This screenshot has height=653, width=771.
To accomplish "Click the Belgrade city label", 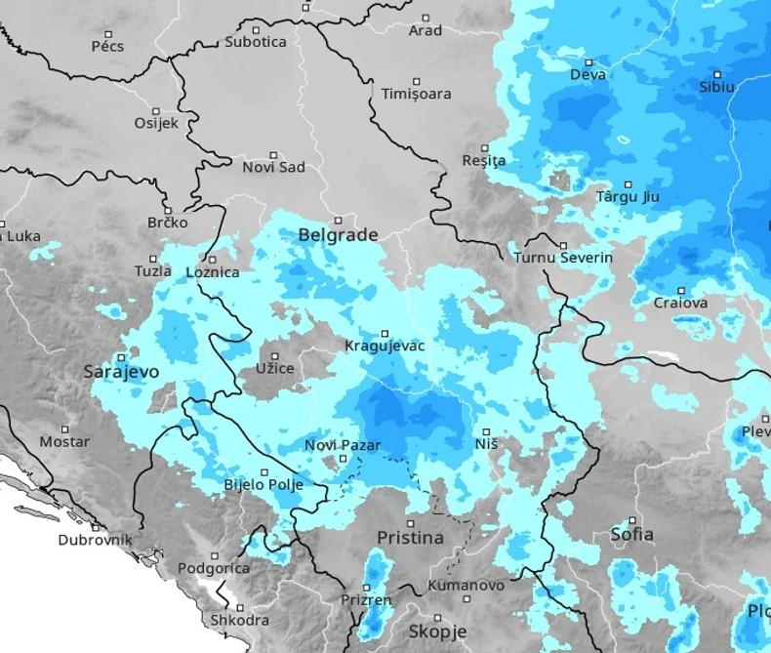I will coord(338,235).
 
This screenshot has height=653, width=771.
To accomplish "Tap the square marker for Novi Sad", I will coord(273,154).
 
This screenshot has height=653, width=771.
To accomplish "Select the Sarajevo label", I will coord(121,372).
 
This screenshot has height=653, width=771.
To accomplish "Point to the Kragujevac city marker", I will coord(385,333).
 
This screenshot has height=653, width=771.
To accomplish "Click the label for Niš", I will coord(486,444).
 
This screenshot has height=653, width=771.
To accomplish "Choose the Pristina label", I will coord(410,538).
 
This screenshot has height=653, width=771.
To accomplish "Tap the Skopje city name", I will coord(437,631).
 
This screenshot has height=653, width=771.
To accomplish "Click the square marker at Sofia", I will coord(632,520).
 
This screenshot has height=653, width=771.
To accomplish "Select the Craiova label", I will coord(681,303).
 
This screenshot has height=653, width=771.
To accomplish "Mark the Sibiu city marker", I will coord(717,74).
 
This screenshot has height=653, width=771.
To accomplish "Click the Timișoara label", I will coord(416,94).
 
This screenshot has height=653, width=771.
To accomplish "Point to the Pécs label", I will coord(107,46).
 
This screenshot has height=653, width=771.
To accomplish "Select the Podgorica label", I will coord(214,568).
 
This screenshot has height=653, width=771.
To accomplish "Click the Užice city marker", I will coord(275,356).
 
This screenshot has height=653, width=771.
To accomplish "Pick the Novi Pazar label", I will coord(342,445).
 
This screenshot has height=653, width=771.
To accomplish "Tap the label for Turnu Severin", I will coord(563,258).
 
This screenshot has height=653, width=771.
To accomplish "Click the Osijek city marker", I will coord(156,110).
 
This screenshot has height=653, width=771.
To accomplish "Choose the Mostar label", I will coord(64,441).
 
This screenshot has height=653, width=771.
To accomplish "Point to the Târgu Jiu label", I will coord(628,196).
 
